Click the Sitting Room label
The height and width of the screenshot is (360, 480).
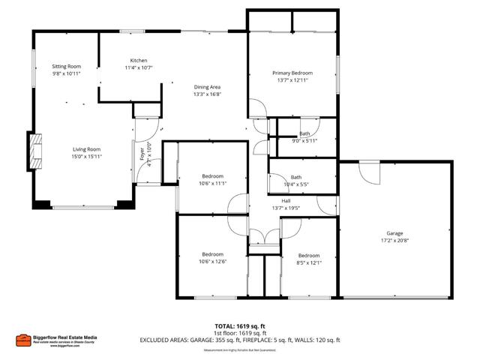[66, 67]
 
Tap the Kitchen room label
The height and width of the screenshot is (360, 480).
[138, 60]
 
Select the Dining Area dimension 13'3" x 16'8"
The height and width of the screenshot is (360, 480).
[207, 95]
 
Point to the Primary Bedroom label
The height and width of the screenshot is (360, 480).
[292, 73]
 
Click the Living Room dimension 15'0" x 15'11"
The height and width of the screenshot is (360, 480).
[86, 157]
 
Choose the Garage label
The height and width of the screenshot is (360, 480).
[394, 233]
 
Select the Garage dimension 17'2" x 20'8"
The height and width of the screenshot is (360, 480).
[394, 241]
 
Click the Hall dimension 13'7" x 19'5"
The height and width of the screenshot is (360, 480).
[286, 208]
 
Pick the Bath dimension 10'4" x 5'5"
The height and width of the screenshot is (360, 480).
[296, 184]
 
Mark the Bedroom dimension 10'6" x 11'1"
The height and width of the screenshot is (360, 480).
[212, 183]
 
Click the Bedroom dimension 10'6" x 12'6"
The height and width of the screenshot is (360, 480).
[212, 262]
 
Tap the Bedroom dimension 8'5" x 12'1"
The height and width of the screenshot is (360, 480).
[308, 262]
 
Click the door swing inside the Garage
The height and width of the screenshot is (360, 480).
[368, 172]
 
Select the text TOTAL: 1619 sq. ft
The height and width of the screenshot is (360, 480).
[239, 326]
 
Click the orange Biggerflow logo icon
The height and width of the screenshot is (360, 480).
[23, 339]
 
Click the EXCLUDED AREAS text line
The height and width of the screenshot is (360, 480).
[239, 340]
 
